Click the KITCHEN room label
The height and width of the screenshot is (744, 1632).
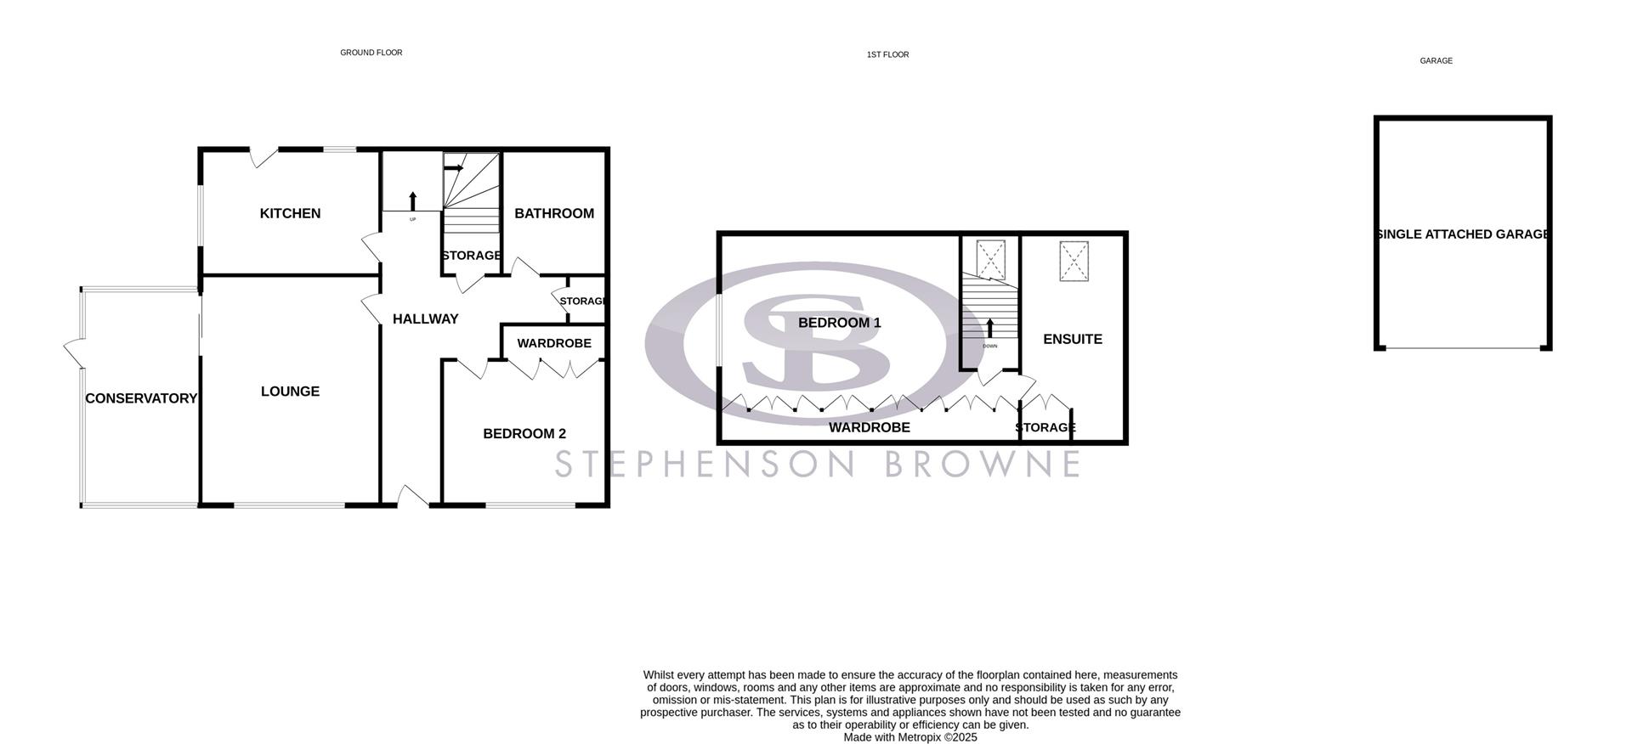[x=290, y=213]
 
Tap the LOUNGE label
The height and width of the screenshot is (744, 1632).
[x=290, y=392]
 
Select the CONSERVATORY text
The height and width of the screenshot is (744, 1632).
[x=141, y=398]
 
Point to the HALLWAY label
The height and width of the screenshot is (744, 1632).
[x=425, y=319]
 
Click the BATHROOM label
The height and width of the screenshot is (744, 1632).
[x=554, y=213]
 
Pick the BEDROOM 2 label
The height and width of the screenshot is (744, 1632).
[x=524, y=434]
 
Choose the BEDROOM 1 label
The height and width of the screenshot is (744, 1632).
[x=839, y=323]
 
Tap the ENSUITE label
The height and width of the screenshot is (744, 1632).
[x=1073, y=339]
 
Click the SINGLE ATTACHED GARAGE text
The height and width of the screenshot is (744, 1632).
[x=1463, y=234]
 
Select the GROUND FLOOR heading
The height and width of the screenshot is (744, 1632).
[x=371, y=53]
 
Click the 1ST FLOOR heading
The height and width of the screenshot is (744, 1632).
[x=887, y=54]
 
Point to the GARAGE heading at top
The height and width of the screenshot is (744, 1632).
[x=1436, y=61]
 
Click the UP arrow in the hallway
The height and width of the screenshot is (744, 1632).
[x=413, y=201]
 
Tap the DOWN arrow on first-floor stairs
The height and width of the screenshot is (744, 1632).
[x=989, y=329]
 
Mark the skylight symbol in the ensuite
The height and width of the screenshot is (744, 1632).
[x=1074, y=261]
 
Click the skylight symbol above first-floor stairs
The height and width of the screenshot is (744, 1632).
[x=991, y=260]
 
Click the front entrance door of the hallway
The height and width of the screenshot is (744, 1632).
[x=413, y=499]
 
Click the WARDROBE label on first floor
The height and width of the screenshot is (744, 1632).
[x=869, y=428]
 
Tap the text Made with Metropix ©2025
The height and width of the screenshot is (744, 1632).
[x=910, y=737]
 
